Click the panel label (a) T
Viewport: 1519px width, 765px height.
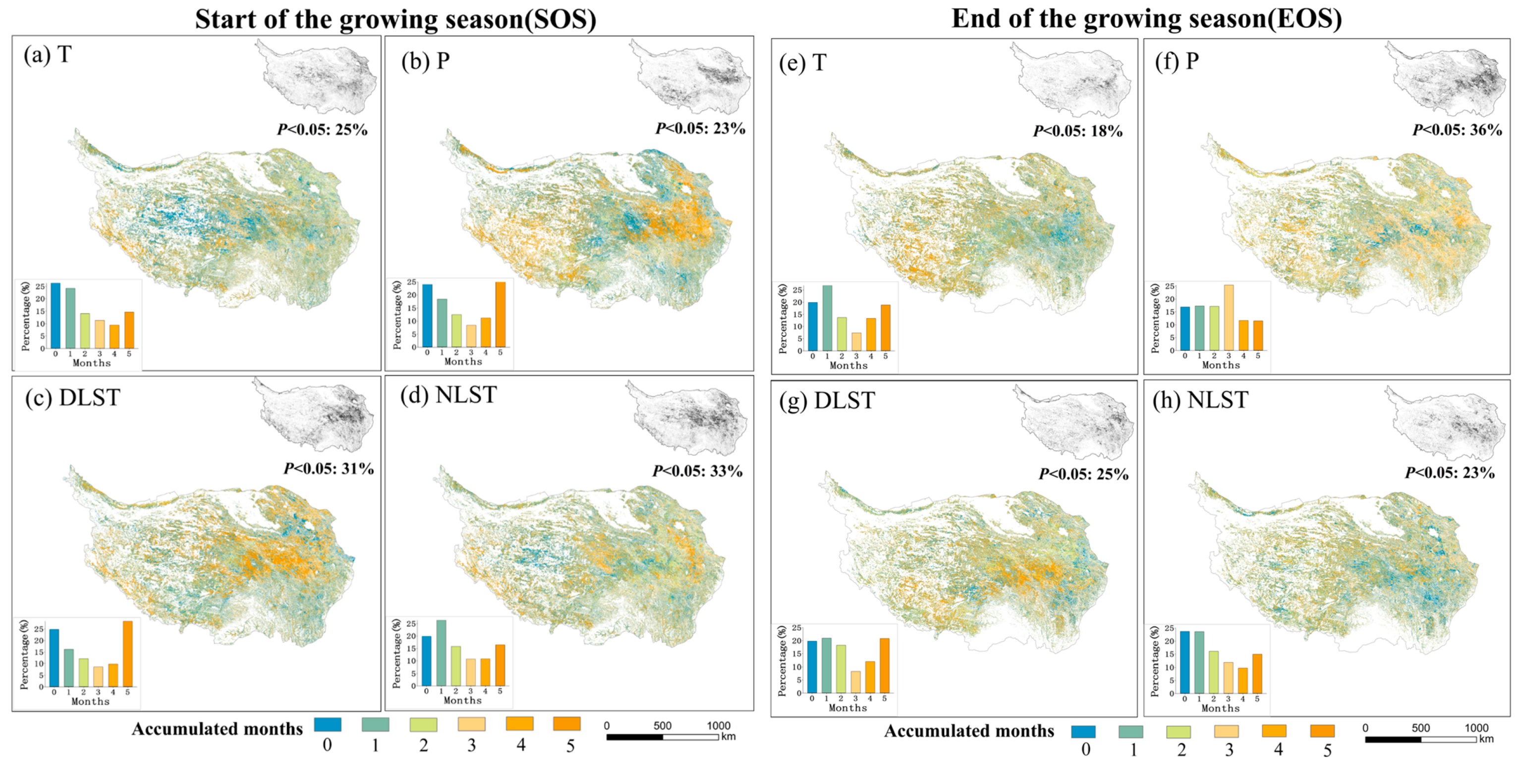[x=47, y=55]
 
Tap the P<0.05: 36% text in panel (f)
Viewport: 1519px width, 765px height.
[x=1457, y=130]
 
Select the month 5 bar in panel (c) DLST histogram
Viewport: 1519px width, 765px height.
[x=127, y=654]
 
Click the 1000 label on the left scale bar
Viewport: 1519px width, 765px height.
[x=718, y=725]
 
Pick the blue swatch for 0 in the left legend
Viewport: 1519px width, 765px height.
[x=327, y=724]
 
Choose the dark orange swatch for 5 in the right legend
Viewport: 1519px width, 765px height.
[x=1323, y=731]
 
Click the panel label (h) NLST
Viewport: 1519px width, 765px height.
[x=1200, y=400]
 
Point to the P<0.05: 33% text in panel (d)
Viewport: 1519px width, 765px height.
[x=697, y=471]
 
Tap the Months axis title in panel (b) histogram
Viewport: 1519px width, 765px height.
[x=463, y=361]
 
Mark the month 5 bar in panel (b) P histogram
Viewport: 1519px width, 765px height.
[x=500, y=314]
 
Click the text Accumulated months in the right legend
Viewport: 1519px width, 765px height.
[x=968, y=731]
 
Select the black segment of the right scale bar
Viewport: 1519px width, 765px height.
[x=1392, y=739]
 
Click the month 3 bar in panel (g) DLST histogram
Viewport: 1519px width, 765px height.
[x=855, y=682]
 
